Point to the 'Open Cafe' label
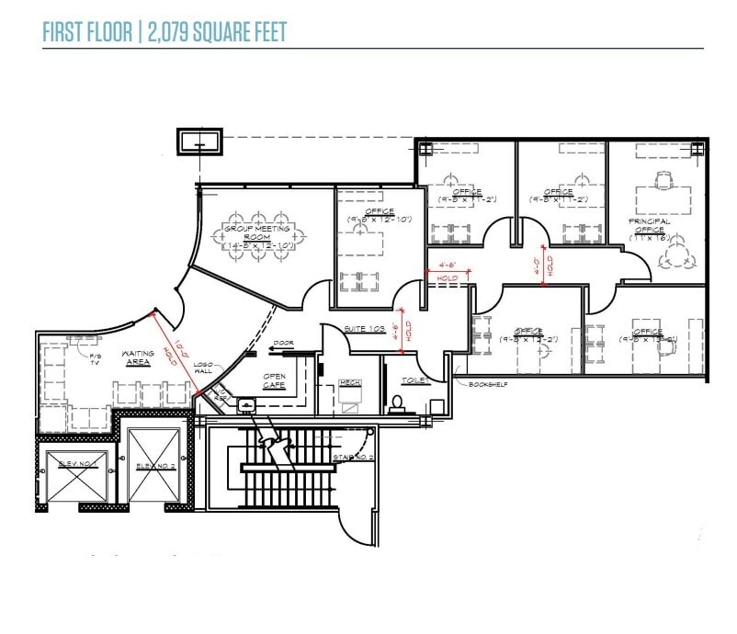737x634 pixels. click(275, 380)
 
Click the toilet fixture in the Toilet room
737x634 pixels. click(397, 402)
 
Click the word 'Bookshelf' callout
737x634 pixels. click(489, 384)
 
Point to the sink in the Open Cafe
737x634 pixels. click(245, 404)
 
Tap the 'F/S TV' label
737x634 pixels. click(95, 357)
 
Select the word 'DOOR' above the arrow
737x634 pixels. click(283, 344)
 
